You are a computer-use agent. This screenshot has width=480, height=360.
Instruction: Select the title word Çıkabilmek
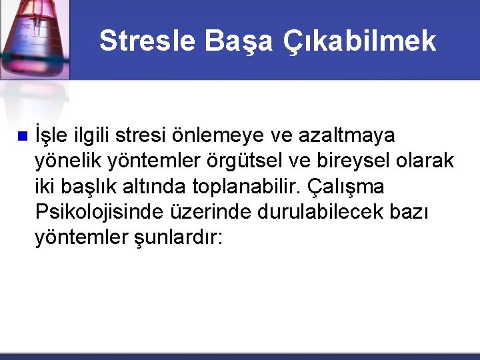(x=360, y=41)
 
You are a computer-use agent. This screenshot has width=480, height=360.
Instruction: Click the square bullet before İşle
(x=21, y=136)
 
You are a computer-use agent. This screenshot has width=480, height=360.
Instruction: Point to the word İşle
(x=51, y=135)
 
